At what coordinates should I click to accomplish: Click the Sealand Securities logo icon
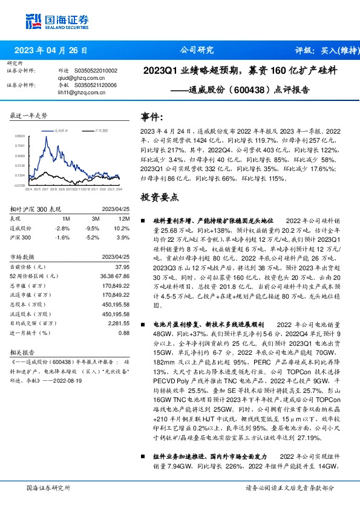(33, 21)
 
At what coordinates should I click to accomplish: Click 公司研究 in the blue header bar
(197, 50)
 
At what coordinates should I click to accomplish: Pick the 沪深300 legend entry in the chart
(99, 130)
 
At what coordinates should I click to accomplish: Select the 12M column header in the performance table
(125, 218)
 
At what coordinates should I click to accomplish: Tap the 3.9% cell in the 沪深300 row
(124, 238)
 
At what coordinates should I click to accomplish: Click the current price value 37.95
(122, 267)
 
